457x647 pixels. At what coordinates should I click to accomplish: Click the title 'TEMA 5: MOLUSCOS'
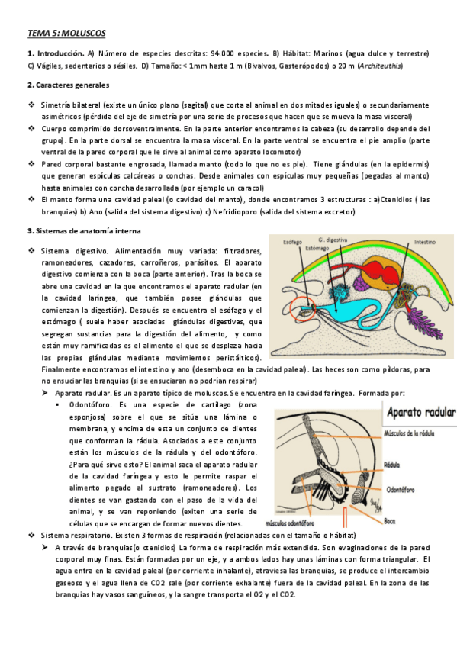[66, 33]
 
